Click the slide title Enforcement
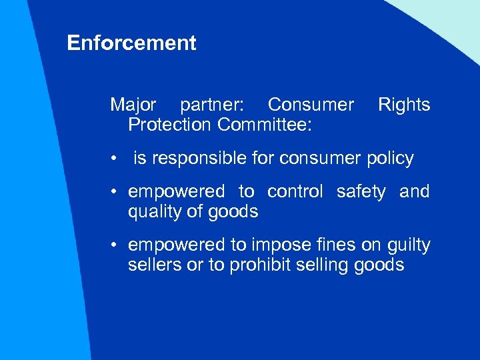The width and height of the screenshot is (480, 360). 131,43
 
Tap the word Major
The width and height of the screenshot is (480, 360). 133,105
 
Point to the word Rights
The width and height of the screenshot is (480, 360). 404,105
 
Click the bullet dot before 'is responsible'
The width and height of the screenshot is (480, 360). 115,159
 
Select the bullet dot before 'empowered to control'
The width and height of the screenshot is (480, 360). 115,192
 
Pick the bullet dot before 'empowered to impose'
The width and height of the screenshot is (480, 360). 115,245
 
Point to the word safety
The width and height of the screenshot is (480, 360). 361,192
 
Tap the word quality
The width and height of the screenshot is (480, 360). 152,212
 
